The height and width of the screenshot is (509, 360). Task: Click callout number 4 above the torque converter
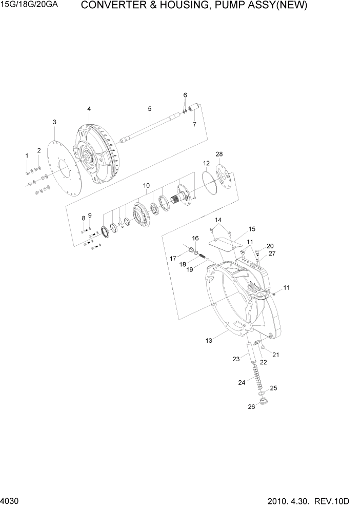[89, 109]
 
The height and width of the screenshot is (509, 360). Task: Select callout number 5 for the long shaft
[149, 109]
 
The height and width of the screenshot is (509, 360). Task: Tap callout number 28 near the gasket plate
[219, 154]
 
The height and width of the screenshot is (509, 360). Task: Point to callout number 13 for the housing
[209, 341]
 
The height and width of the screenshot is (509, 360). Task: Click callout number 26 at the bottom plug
[251, 407]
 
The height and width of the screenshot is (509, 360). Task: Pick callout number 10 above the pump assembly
[146, 185]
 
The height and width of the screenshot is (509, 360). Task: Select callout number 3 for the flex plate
[54, 122]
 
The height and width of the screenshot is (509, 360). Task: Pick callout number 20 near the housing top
[270, 246]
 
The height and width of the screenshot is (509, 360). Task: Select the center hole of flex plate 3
[64, 169]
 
